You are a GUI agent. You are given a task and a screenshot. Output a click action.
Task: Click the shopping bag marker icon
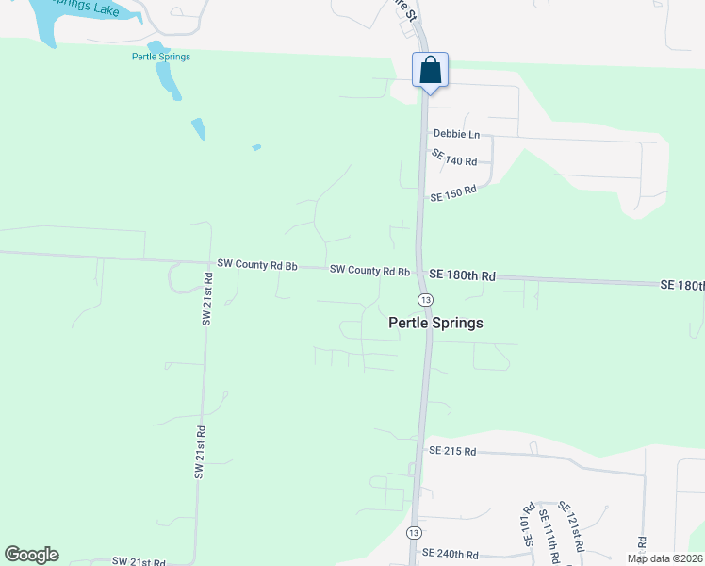coord(430,71)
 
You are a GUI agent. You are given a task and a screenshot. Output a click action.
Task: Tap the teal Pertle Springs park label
coord(161,57)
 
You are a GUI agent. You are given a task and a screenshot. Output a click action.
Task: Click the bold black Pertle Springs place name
coord(435,323)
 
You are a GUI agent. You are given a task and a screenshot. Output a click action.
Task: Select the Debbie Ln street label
coord(456,135)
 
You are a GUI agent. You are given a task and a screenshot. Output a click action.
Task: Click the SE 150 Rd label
coord(453,193)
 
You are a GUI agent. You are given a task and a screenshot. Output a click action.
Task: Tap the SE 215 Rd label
coord(451,452)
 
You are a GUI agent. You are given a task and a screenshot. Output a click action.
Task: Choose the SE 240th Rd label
coord(450,554)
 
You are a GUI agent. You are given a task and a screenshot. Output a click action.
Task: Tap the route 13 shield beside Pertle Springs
coord(426,299)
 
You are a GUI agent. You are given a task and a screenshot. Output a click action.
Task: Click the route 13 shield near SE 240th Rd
coord(414,533)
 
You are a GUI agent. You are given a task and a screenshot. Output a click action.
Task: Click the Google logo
coord(31,555)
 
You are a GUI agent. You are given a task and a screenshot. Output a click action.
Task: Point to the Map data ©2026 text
coord(663,558)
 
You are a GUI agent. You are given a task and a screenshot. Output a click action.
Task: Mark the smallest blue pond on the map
coord(255,147)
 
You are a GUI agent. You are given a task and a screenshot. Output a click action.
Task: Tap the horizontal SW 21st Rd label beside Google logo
coord(139,561)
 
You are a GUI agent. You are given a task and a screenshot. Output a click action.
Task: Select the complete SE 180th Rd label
coord(462,275)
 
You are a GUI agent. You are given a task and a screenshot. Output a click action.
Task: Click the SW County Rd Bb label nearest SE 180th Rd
coord(369,271)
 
